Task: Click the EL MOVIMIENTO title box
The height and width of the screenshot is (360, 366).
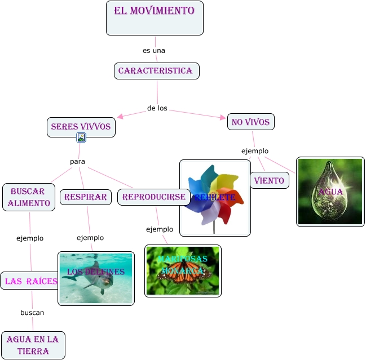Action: point(155,18)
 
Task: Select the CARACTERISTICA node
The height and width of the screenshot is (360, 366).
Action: point(156,71)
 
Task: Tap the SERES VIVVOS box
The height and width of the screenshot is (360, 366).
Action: point(81,127)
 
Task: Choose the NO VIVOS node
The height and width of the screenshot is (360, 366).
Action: point(251,122)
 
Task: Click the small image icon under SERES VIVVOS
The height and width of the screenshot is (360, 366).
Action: point(81,137)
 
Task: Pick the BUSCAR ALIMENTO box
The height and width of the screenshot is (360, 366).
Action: point(29,197)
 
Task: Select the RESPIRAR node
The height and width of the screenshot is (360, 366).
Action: point(85,197)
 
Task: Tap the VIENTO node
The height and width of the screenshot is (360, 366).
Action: point(270,180)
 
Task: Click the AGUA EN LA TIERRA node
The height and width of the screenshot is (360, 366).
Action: point(33,345)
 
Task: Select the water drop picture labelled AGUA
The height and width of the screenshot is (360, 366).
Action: point(330,192)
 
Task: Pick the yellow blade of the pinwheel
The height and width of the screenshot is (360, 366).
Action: point(227,183)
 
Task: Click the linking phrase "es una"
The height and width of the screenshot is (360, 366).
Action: point(153,50)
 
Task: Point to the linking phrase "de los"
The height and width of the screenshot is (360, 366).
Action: point(157,108)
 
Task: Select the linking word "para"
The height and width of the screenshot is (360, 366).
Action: point(77,162)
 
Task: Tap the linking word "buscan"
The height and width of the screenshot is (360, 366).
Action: point(32,312)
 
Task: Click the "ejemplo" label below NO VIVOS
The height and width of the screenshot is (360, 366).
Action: point(255,151)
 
